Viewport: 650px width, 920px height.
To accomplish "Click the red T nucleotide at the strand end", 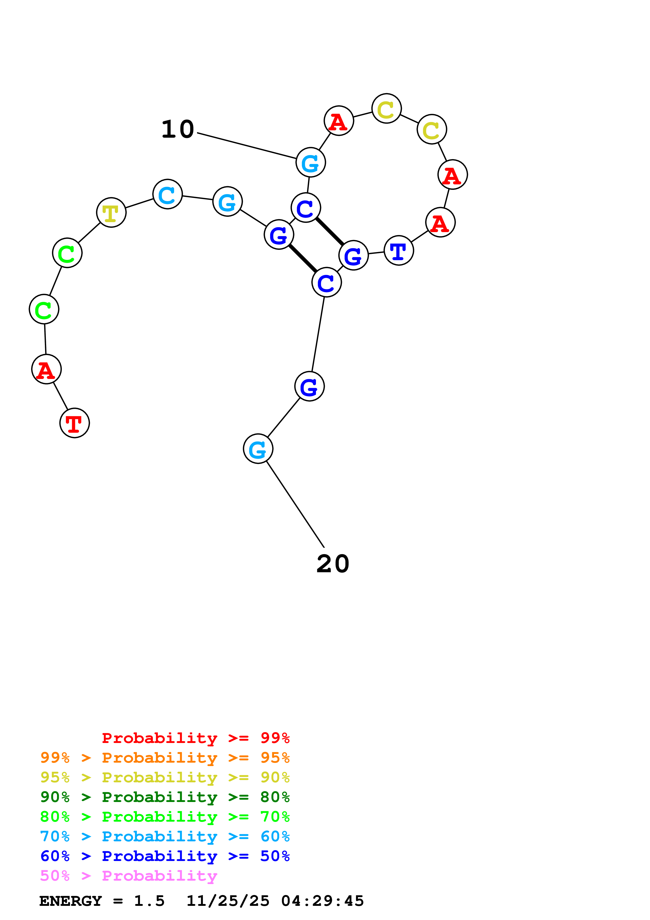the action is coord(74,423).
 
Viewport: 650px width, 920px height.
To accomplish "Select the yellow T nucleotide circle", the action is coord(111,212).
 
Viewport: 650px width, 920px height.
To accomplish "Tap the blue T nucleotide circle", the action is coord(399,251).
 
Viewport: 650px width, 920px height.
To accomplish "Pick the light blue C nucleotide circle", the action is coord(167,194).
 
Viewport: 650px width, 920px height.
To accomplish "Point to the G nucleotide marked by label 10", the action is coord(310,163).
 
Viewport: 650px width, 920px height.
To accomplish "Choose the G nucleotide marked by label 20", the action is coord(258,449).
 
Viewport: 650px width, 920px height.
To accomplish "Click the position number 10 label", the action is coord(178,130).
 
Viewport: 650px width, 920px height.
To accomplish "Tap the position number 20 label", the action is coord(333,564).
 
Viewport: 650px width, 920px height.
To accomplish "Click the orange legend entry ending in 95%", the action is coord(165,758).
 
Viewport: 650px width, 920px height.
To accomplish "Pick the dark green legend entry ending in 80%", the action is coord(165,797).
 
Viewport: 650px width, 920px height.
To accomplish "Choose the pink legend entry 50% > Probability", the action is coord(128,876).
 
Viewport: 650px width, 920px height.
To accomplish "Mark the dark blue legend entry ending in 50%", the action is coord(165,856).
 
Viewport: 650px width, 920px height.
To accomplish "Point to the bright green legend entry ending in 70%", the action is coord(165,817).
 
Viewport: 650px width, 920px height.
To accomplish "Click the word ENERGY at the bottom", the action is coord(71,901).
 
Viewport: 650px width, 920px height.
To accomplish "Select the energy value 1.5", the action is coord(149,901).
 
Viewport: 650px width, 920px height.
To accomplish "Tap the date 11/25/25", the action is coord(228,901).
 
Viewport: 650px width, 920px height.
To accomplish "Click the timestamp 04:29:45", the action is coord(323,901).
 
